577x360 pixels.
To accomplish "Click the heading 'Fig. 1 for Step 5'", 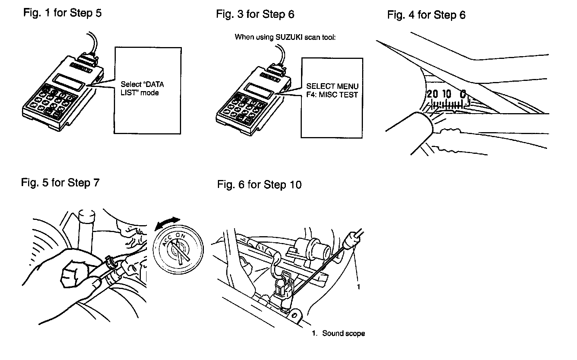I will [62, 13].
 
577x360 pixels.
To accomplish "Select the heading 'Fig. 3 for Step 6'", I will [255, 14].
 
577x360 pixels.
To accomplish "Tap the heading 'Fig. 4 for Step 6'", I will [426, 15].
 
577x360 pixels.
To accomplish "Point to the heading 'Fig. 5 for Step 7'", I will [60, 183].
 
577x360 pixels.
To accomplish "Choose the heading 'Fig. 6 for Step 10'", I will [259, 185].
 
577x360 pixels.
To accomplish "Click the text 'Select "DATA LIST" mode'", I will [142, 88].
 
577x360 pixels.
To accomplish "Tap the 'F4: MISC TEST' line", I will [332, 95].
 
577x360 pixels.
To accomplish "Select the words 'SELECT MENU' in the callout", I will [332, 87].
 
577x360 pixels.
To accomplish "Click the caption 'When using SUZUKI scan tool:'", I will [285, 37].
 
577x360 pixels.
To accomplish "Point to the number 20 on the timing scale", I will [432, 94].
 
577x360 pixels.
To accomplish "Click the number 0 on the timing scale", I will [463, 93].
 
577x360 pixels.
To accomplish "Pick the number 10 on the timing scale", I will [447, 94].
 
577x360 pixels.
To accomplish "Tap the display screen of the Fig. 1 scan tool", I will [69, 83].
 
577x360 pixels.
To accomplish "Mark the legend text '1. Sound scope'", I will [338, 333].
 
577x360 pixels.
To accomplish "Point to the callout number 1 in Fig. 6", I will [358, 287].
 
